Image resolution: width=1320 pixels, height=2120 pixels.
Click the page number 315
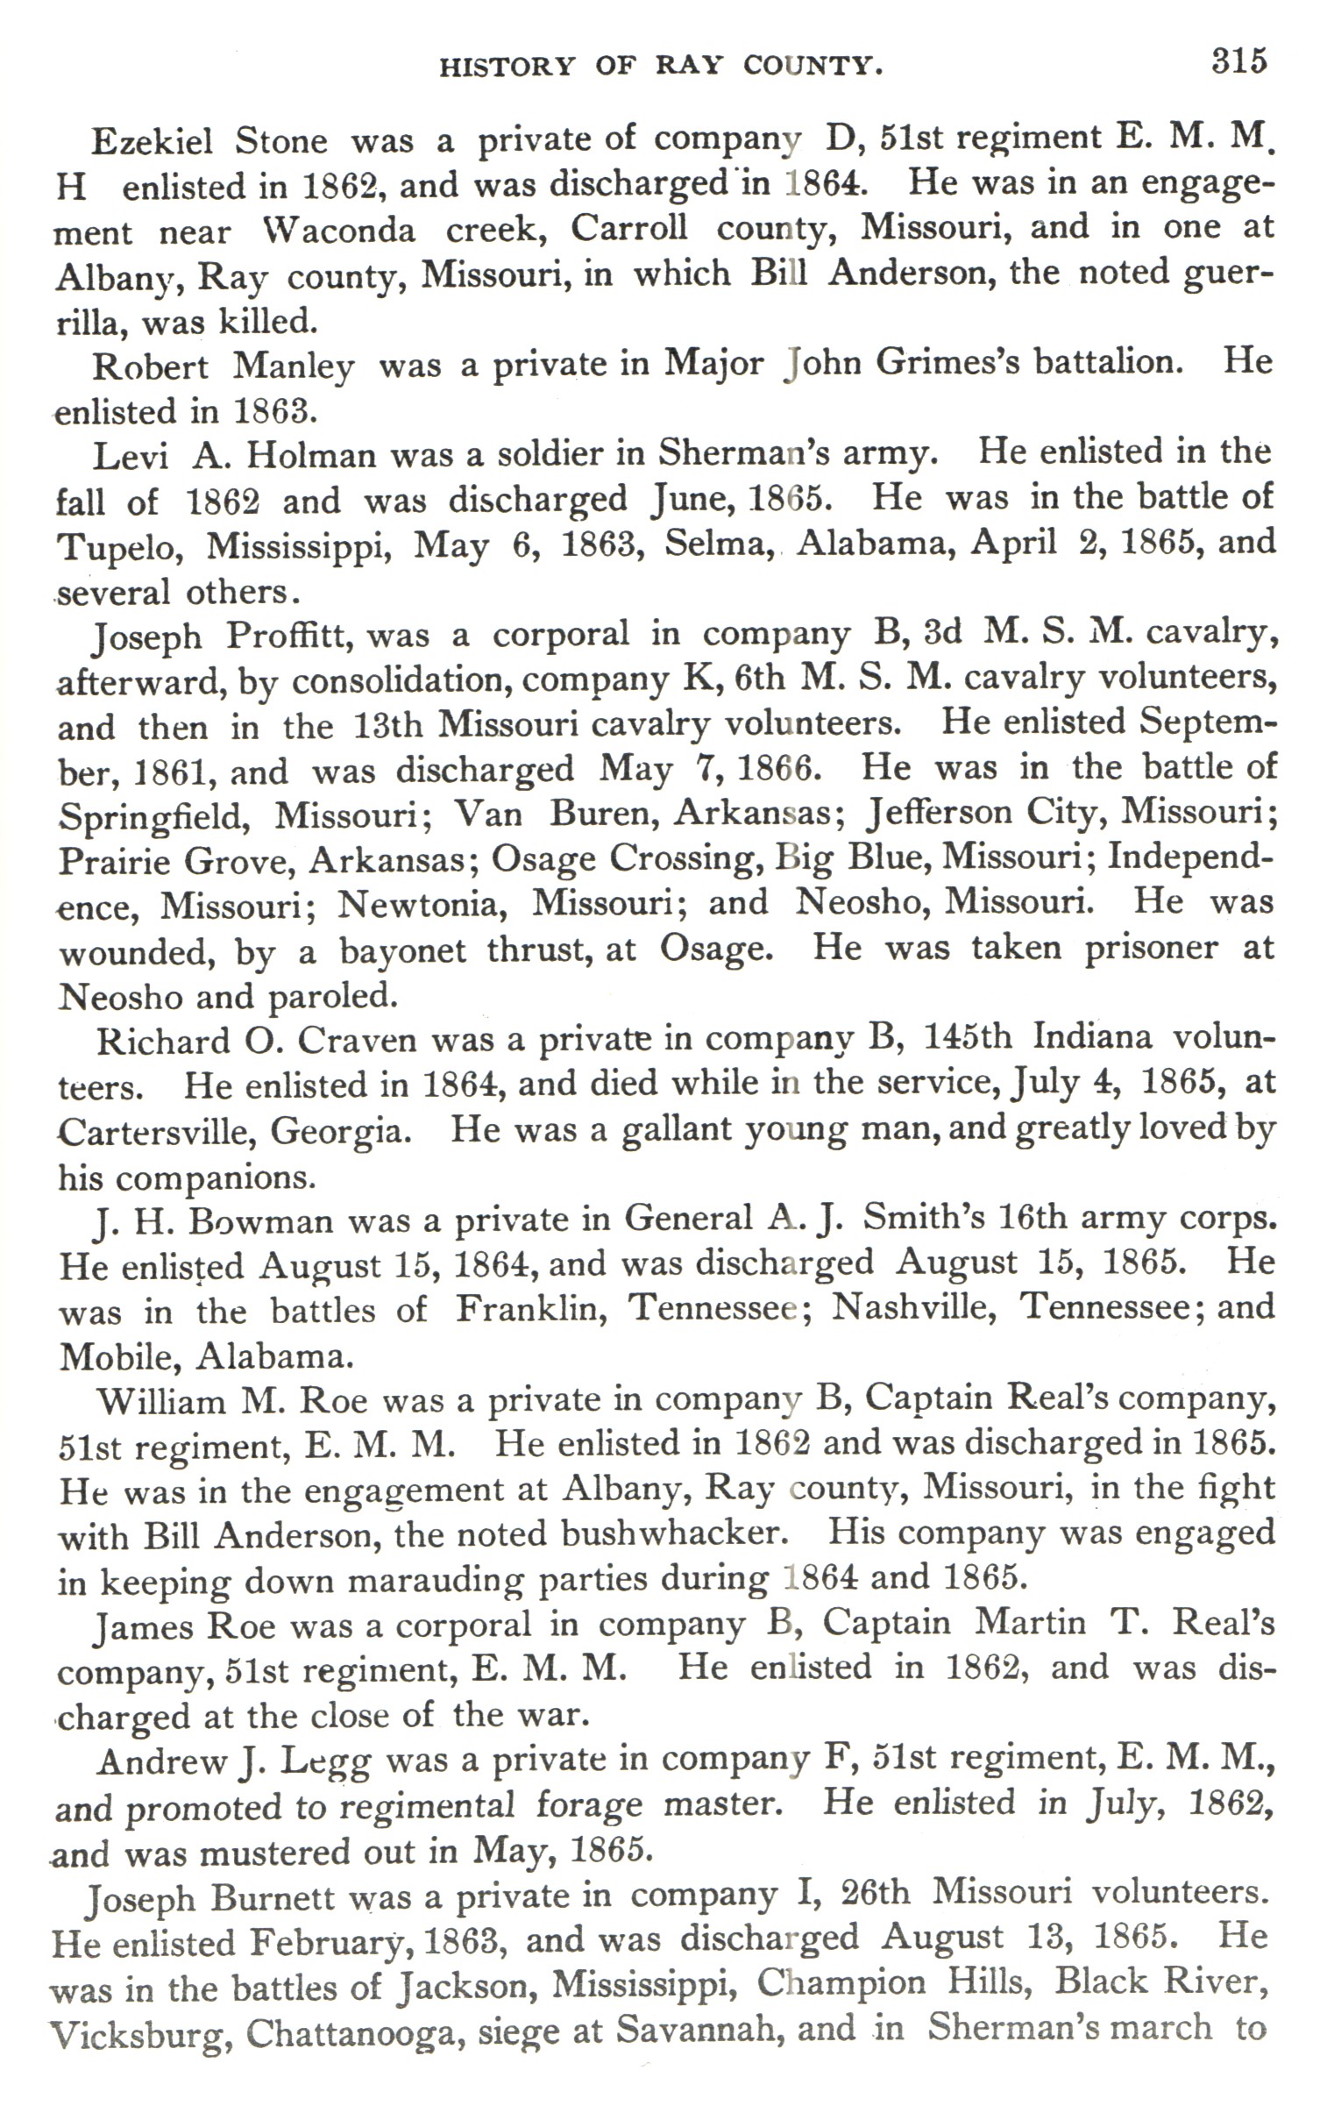click(x=1239, y=60)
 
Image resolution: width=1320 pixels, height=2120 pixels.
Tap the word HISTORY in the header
click(x=506, y=67)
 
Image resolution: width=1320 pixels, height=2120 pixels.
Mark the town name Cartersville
click(x=153, y=1132)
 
